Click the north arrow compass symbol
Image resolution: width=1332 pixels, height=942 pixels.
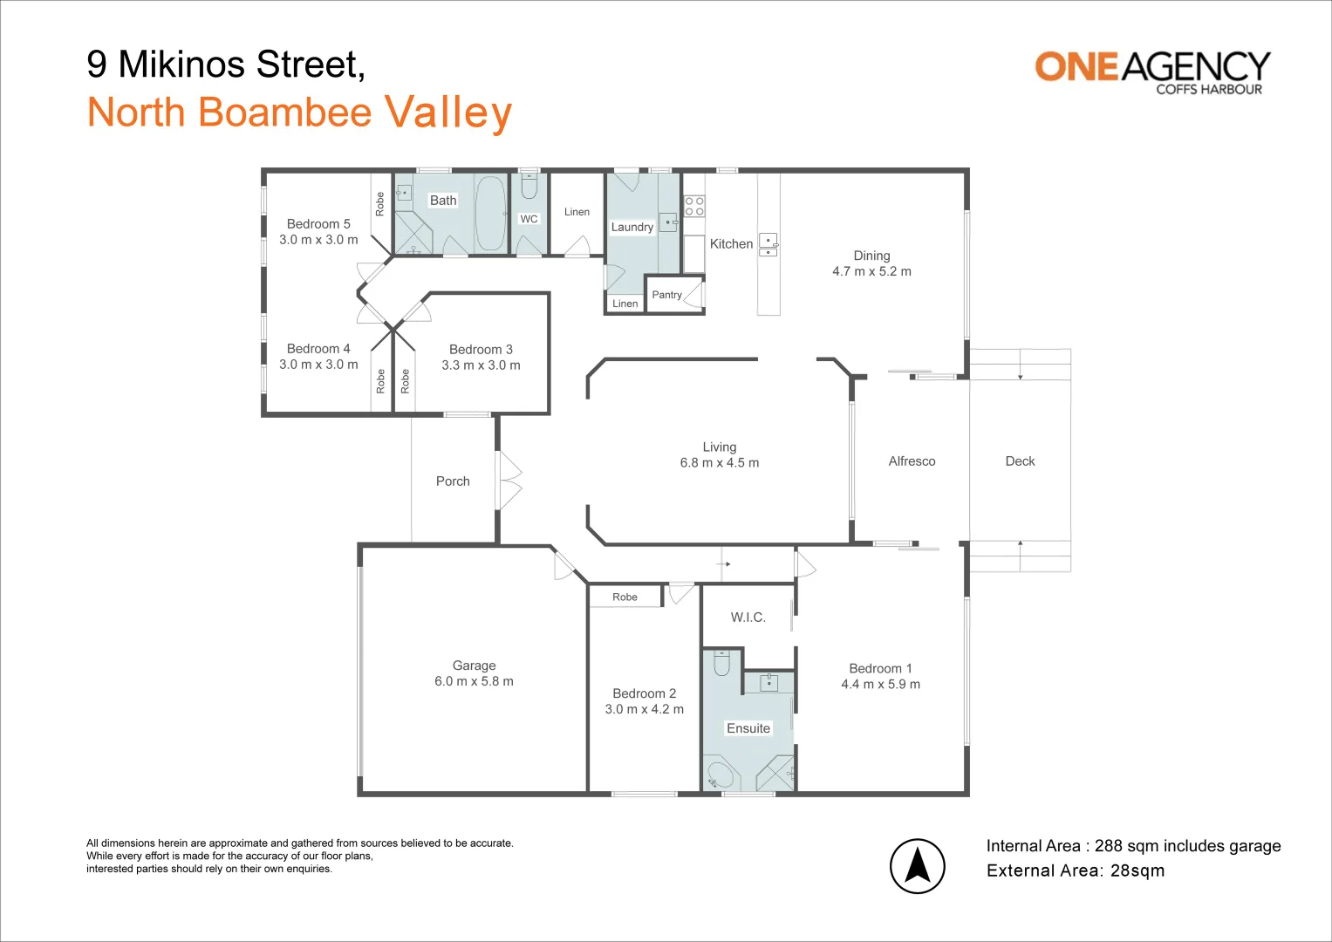click(x=917, y=866)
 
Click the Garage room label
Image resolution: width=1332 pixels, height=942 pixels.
click(x=474, y=666)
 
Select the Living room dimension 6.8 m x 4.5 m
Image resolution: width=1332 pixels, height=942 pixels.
click(x=720, y=462)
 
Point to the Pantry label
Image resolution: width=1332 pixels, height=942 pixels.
click(x=666, y=295)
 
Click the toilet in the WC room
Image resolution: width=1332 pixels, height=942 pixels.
click(x=529, y=186)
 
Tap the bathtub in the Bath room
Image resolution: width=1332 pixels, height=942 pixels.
click(x=490, y=213)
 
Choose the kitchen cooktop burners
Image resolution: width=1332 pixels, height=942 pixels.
click(x=694, y=206)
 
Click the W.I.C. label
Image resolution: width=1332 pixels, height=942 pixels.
click(x=748, y=618)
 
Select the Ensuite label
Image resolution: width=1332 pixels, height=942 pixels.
click(x=748, y=728)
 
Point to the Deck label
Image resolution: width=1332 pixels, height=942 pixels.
click(x=1020, y=461)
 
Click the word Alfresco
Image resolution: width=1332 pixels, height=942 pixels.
click(x=912, y=461)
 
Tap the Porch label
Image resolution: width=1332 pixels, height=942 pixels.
click(x=453, y=481)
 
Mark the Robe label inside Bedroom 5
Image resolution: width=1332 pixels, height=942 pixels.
click(x=380, y=204)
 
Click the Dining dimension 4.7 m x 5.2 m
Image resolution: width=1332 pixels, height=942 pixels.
click(x=871, y=271)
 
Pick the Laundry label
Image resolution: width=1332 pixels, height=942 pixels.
click(x=632, y=227)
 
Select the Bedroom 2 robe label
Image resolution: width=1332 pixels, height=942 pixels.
click(x=625, y=597)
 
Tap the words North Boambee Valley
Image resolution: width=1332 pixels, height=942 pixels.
click(x=300, y=113)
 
